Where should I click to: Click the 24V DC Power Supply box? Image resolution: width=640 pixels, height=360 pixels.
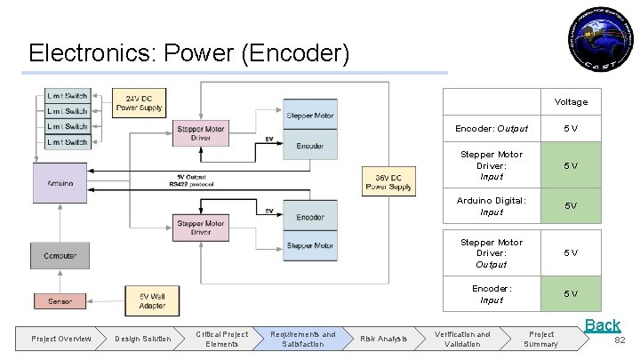point(139,102)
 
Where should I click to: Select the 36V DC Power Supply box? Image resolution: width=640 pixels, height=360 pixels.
point(388,180)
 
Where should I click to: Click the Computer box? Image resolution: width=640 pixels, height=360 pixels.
point(60,255)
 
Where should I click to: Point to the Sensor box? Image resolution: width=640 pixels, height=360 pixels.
point(60,301)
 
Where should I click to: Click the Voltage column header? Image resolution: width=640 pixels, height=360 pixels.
point(571,102)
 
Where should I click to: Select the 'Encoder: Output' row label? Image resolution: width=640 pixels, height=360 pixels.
point(491,129)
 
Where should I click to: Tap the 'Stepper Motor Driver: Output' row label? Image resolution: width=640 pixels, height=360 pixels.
point(491,252)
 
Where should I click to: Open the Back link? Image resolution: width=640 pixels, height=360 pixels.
point(602,325)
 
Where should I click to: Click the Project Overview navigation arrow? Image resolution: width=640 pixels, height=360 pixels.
point(61,339)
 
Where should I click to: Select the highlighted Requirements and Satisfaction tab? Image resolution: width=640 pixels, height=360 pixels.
point(303,339)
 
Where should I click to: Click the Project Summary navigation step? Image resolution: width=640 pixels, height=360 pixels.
point(541,339)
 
